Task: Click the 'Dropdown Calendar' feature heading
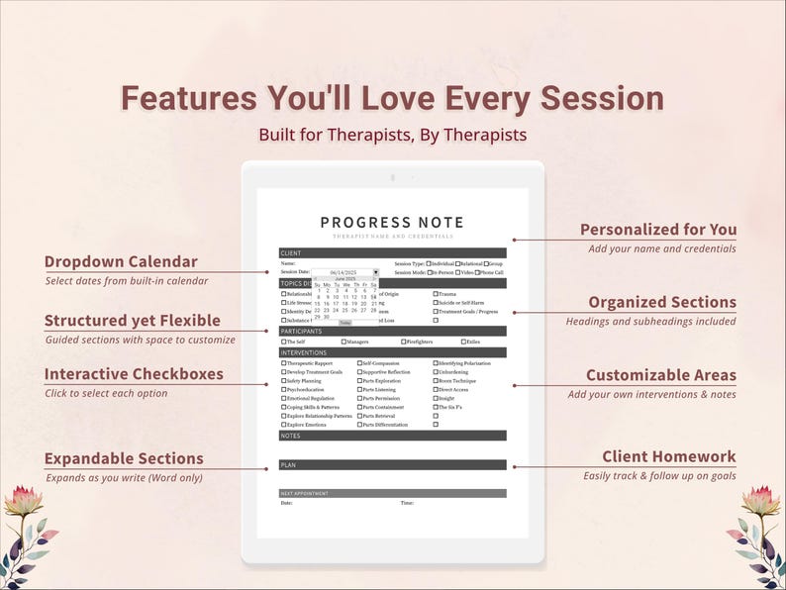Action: click(x=121, y=262)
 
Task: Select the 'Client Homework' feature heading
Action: click(x=668, y=456)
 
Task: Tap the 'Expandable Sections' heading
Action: click(x=124, y=458)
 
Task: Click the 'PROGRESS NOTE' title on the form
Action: click(x=392, y=223)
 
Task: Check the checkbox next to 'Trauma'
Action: click(x=436, y=293)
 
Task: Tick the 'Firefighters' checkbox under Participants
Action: click(x=403, y=342)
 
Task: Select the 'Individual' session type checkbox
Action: click(x=429, y=264)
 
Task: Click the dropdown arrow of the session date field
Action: click(x=375, y=272)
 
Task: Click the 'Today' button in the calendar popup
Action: click(x=344, y=323)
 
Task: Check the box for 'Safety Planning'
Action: click(x=283, y=381)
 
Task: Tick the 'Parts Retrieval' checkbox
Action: click(x=359, y=417)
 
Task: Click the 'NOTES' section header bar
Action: click(x=392, y=436)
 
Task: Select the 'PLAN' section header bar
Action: click(x=392, y=464)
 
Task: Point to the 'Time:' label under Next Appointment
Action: click(x=406, y=503)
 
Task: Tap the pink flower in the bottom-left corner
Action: click(x=22, y=501)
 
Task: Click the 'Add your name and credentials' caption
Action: click(x=661, y=248)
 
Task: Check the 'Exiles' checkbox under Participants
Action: click(x=462, y=342)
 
